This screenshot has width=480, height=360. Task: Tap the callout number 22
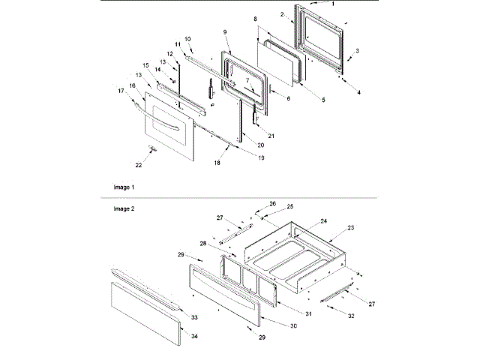click(x=137, y=163)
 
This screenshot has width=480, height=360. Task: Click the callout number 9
click(x=224, y=33)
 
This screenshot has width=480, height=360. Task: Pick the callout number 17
click(x=120, y=91)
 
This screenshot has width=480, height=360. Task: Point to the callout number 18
click(x=217, y=161)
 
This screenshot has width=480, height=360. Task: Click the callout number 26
click(x=273, y=203)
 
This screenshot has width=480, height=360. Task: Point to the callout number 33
click(x=194, y=318)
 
